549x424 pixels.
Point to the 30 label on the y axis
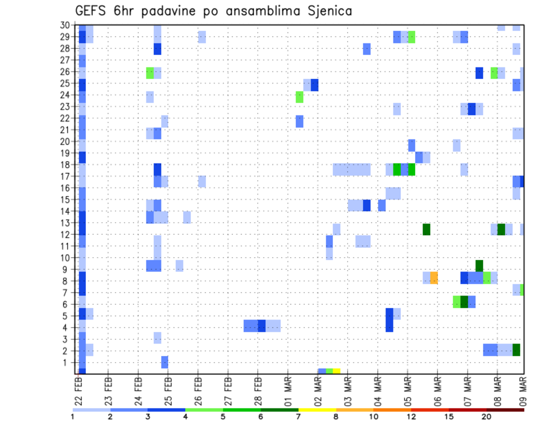click(66, 25)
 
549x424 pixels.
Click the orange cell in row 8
click(434, 278)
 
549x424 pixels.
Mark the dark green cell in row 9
click(479, 266)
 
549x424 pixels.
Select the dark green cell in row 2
click(516, 350)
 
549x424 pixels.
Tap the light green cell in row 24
click(299, 97)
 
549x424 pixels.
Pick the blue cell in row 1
click(165, 362)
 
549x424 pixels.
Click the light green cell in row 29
click(411, 37)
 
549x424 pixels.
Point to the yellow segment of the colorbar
click(317, 409)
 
